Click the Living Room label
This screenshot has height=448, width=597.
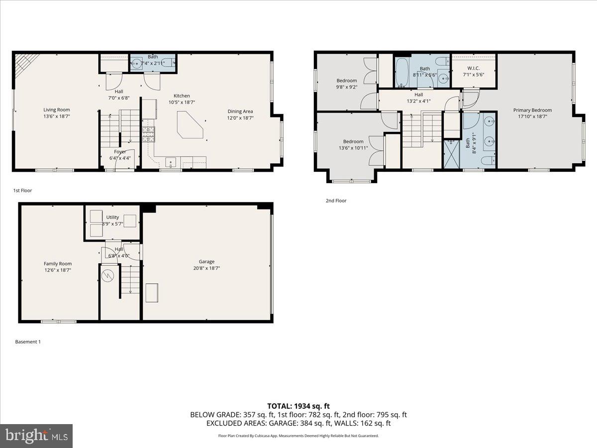(56, 110)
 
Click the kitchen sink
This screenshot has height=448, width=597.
(171, 162)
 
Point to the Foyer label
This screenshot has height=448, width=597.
(120, 152)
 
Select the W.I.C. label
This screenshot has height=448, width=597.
(473, 68)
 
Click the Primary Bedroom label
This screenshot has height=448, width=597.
(532, 110)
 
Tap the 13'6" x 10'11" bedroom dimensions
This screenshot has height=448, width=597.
(351, 148)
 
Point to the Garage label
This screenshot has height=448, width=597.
(206, 261)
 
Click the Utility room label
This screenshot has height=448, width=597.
(112, 217)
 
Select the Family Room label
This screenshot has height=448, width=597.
(58, 264)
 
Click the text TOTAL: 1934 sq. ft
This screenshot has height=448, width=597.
(298, 406)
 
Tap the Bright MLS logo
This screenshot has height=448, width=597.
(36, 436)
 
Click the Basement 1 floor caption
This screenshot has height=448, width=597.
(28, 342)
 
